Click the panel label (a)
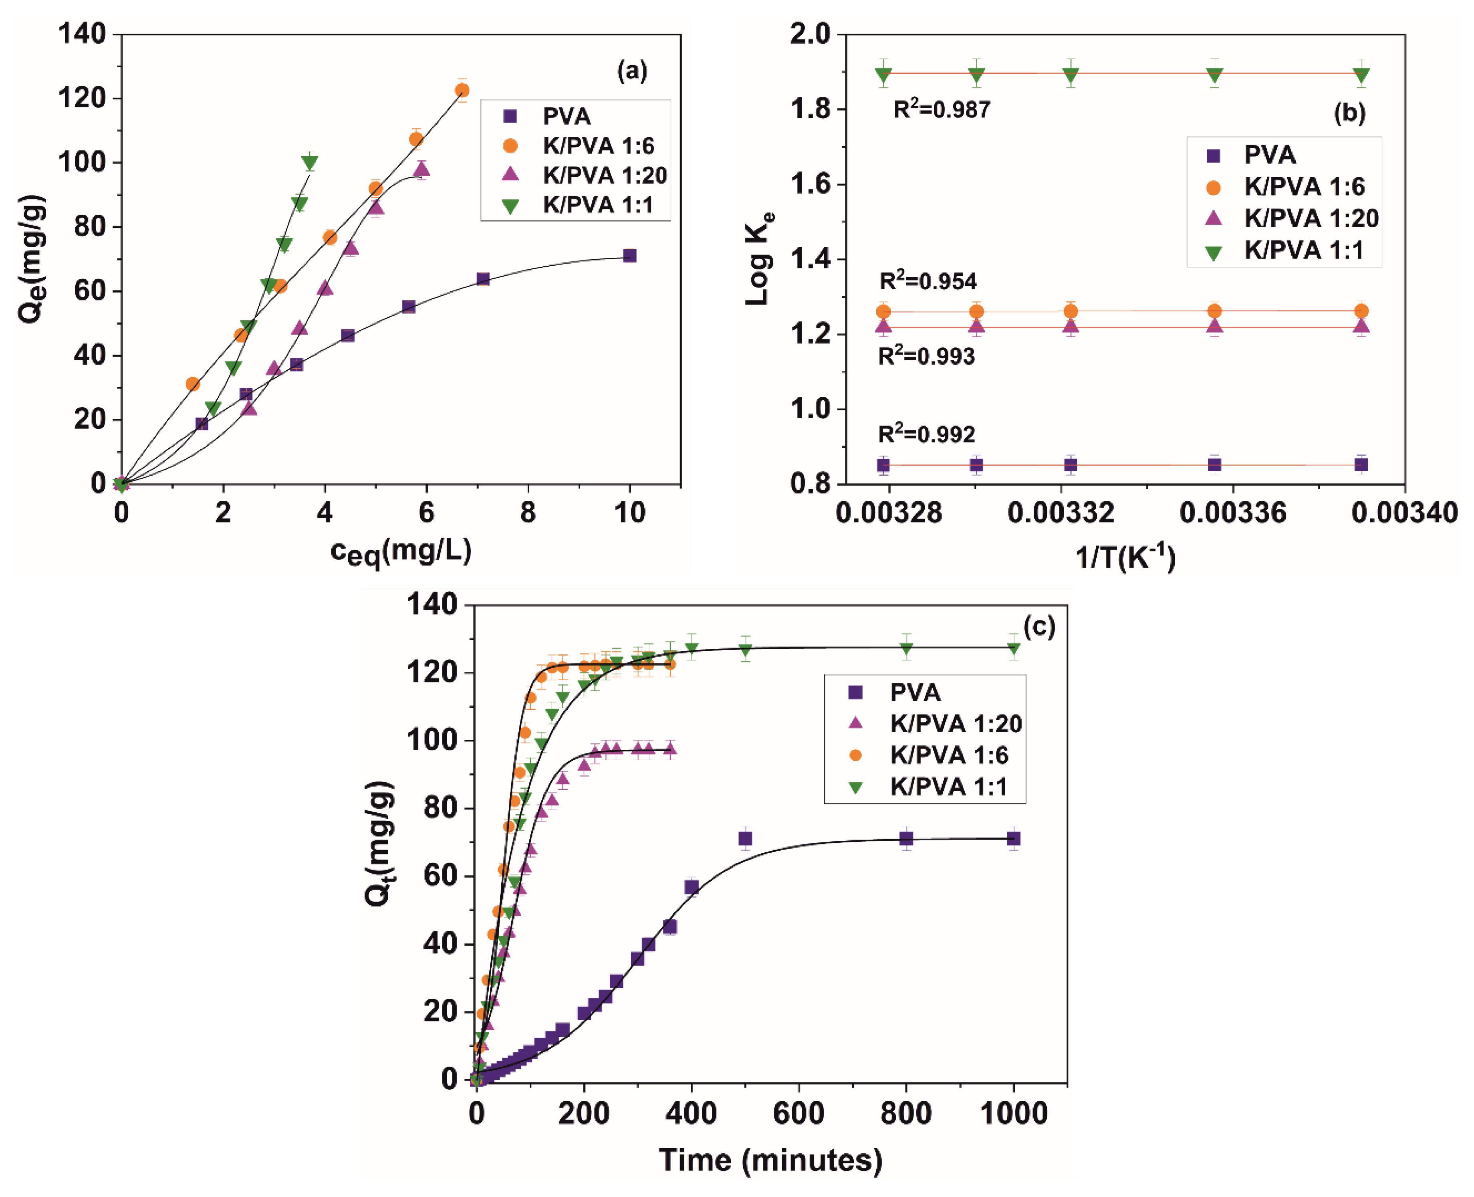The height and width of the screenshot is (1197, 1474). click(631, 71)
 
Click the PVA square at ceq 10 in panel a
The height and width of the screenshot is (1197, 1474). click(629, 256)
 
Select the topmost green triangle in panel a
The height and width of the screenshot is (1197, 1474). click(310, 163)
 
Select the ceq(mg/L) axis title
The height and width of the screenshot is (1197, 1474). click(401, 551)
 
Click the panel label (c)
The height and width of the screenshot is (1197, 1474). click(1039, 626)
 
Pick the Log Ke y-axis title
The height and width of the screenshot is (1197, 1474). click(759, 258)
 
